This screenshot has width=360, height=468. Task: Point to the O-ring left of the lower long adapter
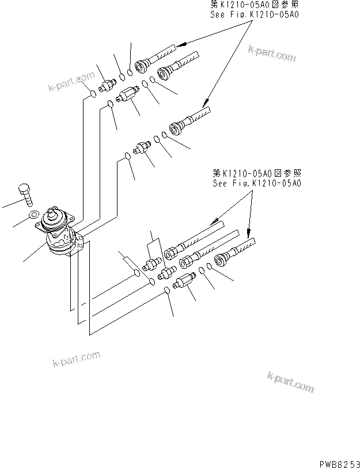click(x=166, y=290)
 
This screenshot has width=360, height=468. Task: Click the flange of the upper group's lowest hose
click(x=176, y=127)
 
